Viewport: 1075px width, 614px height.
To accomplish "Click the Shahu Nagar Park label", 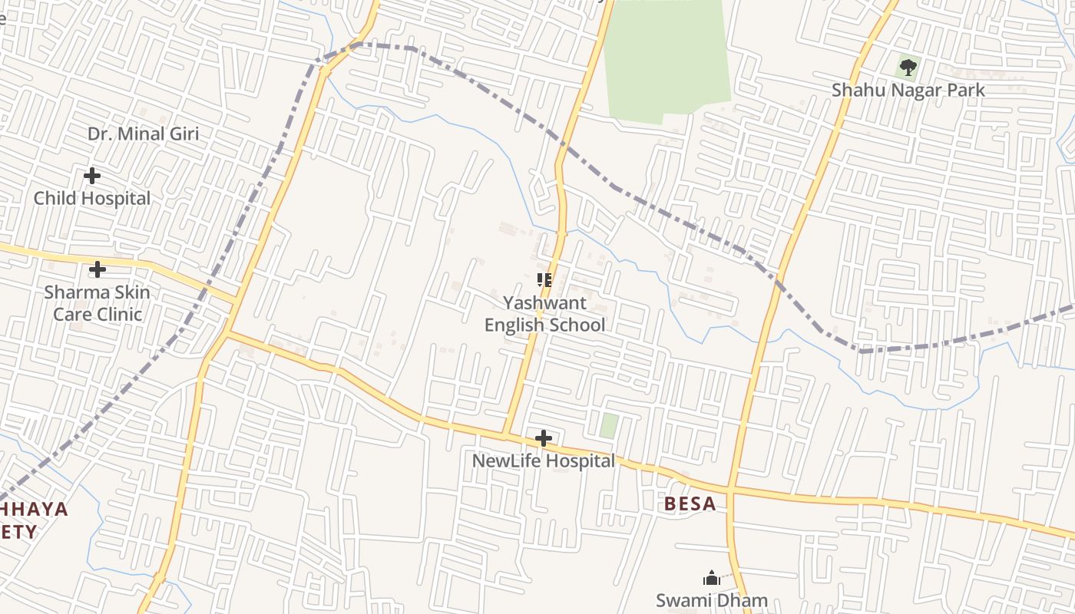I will coord(908,90).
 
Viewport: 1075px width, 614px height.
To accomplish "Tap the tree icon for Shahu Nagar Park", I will coord(908,68).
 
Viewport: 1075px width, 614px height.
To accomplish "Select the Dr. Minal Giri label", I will coord(143,134).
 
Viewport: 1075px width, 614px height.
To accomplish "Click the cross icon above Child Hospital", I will coord(92,176).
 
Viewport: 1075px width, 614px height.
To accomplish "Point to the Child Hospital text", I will coord(92,198).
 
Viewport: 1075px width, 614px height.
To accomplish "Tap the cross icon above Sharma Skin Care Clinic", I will coord(98,269).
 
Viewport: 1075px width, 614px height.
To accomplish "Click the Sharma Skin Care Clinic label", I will coord(98,303).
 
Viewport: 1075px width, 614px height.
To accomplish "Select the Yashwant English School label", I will coord(544,314).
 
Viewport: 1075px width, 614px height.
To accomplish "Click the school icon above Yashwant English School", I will coord(544,280).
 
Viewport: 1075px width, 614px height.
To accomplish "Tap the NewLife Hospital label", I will coord(543,461).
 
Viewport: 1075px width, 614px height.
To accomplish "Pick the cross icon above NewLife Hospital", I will coord(543,438).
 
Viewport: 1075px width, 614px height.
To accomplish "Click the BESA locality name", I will coord(690,504).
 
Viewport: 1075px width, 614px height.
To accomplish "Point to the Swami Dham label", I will coord(711,600).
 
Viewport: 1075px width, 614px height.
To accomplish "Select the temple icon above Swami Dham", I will coord(711,578).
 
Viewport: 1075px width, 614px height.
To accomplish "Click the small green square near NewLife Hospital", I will coord(609,426).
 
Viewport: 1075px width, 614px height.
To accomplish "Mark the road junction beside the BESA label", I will coord(730,489).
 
